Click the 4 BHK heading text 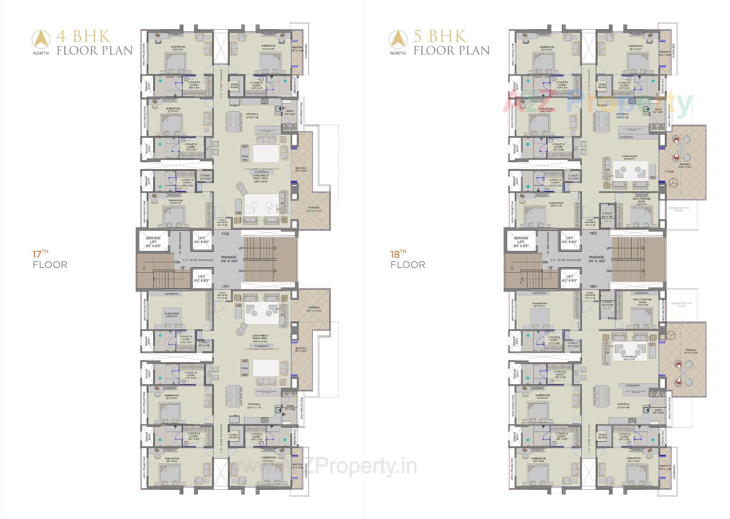pyautogui.click(x=84, y=37)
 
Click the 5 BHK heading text pyautogui.click(x=440, y=37)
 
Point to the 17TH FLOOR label pyautogui.click(x=50, y=260)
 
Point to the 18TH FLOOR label pyautogui.click(x=408, y=260)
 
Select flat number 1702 pyautogui.click(x=225, y=234)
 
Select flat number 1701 pyautogui.click(x=225, y=286)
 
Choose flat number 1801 pyautogui.click(x=593, y=286)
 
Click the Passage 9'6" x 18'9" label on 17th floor pyautogui.click(x=229, y=259)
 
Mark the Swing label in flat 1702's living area pyautogui.click(x=244, y=156)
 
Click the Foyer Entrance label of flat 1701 pyautogui.click(x=222, y=295)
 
